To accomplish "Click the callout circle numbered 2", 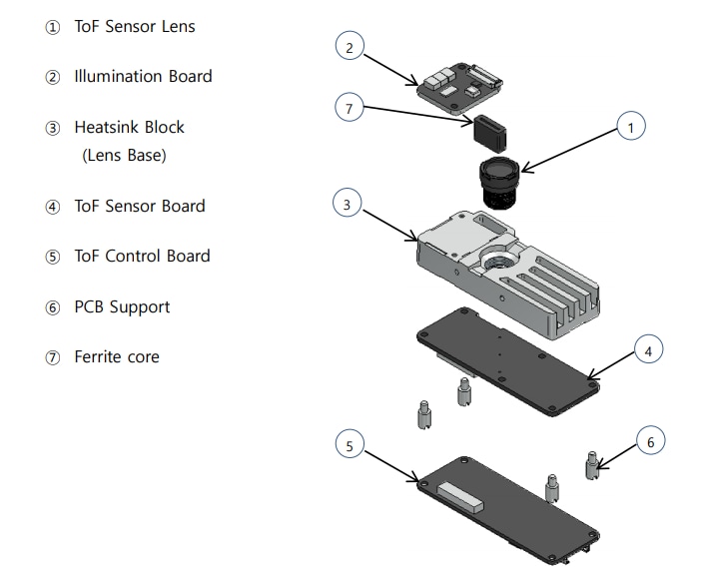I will [349, 46].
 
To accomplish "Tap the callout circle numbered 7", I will [348, 110].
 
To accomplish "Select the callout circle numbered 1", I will [630, 127].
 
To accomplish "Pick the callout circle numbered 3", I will [347, 204].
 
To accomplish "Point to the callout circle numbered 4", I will [648, 351].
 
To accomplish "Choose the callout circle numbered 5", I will [349, 446].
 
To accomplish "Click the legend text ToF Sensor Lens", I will [135, 27].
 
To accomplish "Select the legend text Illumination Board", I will [143, 77].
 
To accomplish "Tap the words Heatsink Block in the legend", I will [129, 128].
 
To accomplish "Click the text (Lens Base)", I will [124, 157].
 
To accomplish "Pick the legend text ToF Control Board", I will [142, 256].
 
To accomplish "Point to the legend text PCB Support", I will [122, 306].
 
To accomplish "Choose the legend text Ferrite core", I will [116, 356].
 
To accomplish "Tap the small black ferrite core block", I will [491, 129].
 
